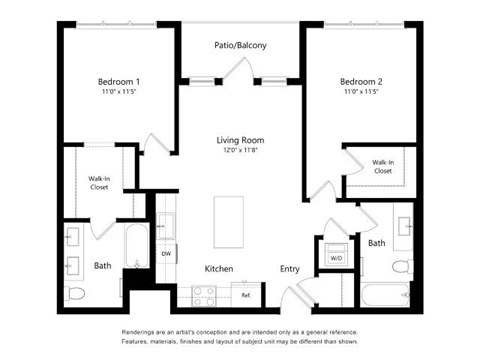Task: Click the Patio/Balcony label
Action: click(x=240, y=45)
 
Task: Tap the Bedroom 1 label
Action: click(x=118, y=82)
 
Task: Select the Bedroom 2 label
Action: click(x=360, y=82)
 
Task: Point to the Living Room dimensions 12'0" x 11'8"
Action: click(x=240, y=150)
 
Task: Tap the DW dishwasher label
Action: click(x=166, y=254)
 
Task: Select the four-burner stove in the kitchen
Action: click(x=205, y=295)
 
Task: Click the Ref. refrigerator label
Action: click(x=246, y=296)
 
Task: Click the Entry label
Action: click(x=289, y=269)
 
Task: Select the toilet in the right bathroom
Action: click(x=401, y=267)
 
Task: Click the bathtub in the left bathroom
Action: click(x=135, y=245)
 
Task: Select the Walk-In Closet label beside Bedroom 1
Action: click(x=98, y=183)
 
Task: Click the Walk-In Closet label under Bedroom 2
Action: click(x=382, y=166)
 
